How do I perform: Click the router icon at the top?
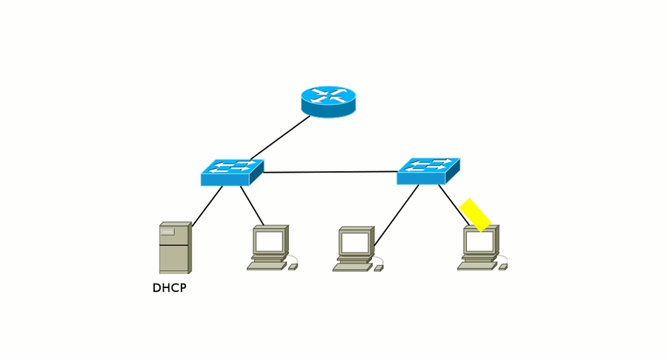[x=328, y=100]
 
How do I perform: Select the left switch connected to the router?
[x=231, y=173]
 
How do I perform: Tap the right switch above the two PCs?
[x=428, y=171]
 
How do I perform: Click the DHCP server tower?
[x=175, y=247]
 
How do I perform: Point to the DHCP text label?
[x=169, y=288]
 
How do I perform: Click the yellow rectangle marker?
[x=475, y=214]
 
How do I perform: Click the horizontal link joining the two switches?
[x=331, y=172]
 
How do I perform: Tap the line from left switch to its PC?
[x=252, y=205]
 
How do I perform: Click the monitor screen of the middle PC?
[x=354, y=241]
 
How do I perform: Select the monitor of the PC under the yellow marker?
[x=479, y=241]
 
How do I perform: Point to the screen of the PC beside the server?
[x=269, y=241]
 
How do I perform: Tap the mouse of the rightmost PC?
[x=502, y=267]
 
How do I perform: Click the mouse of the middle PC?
[x=378, y=267]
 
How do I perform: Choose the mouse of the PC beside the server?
[x=292, y=267]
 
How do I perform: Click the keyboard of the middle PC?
[x=352, y=266]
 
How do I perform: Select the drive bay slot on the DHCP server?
[x=167, y=232]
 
